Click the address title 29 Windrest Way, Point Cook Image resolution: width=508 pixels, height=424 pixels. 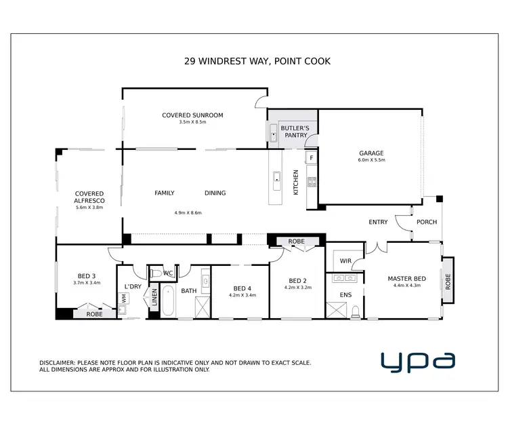257,61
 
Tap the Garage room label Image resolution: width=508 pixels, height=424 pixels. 371,153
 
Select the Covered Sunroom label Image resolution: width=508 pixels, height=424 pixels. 192,115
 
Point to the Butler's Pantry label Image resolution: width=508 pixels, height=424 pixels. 295,132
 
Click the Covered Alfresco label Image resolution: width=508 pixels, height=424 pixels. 89,197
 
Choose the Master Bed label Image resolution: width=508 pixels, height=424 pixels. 406,279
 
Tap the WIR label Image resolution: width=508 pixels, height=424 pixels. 345,261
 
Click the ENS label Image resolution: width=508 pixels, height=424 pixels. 345,295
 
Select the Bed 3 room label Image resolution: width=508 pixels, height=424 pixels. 86,275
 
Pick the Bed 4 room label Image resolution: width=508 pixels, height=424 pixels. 242,288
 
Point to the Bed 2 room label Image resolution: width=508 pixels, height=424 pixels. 298,281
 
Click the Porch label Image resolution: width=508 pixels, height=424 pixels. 427,222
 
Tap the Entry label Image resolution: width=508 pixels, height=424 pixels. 378,222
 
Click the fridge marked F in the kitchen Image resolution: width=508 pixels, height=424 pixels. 311,159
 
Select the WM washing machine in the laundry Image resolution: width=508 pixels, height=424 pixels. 124,298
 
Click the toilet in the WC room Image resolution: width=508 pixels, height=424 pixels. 155,273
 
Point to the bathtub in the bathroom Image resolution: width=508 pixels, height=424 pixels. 169,301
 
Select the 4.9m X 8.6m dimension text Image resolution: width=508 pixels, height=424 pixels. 188,213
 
